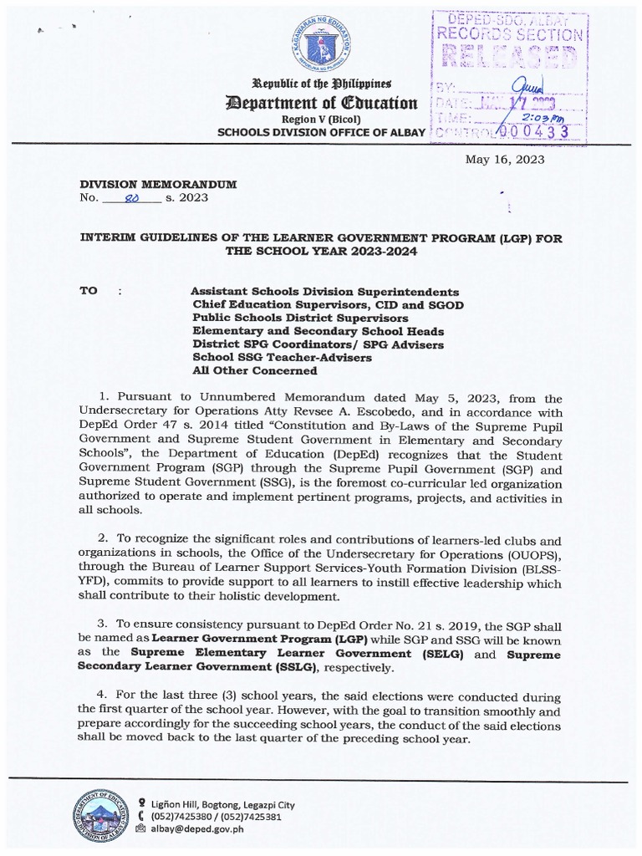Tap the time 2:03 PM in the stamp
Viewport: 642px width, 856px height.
pos(538,118)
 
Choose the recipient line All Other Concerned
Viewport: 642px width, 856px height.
pos(255,370)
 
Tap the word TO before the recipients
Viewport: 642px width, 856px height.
pos(89,292)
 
